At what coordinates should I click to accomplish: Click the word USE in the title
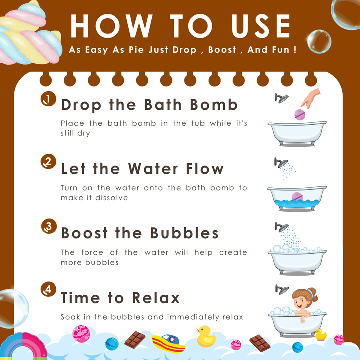[x=261, y=26]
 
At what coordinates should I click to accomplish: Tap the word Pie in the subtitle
[x=137, y=50]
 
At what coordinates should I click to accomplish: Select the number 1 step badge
[x=48, y=99]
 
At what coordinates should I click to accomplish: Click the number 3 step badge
[x=49, y=226]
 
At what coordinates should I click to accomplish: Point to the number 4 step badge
[x=48, y=289]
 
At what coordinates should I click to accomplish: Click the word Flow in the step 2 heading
[x=205, y=169]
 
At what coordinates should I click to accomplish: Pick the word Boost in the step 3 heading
[x=84, y=233]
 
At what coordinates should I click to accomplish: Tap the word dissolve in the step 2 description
[x=112, y=198]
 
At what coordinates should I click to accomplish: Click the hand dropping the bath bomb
[x=311, y=98]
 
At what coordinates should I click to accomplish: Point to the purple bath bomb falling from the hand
[x=300, y=115]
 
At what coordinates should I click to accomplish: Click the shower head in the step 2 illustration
[x=281, y=163]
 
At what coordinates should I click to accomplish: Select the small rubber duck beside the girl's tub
[x=320, y=334]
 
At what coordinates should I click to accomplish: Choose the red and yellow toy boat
[x=168, y=343]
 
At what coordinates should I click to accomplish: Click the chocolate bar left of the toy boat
[x=135, y=340]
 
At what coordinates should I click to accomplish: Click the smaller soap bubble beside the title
[x=319, y=42]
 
